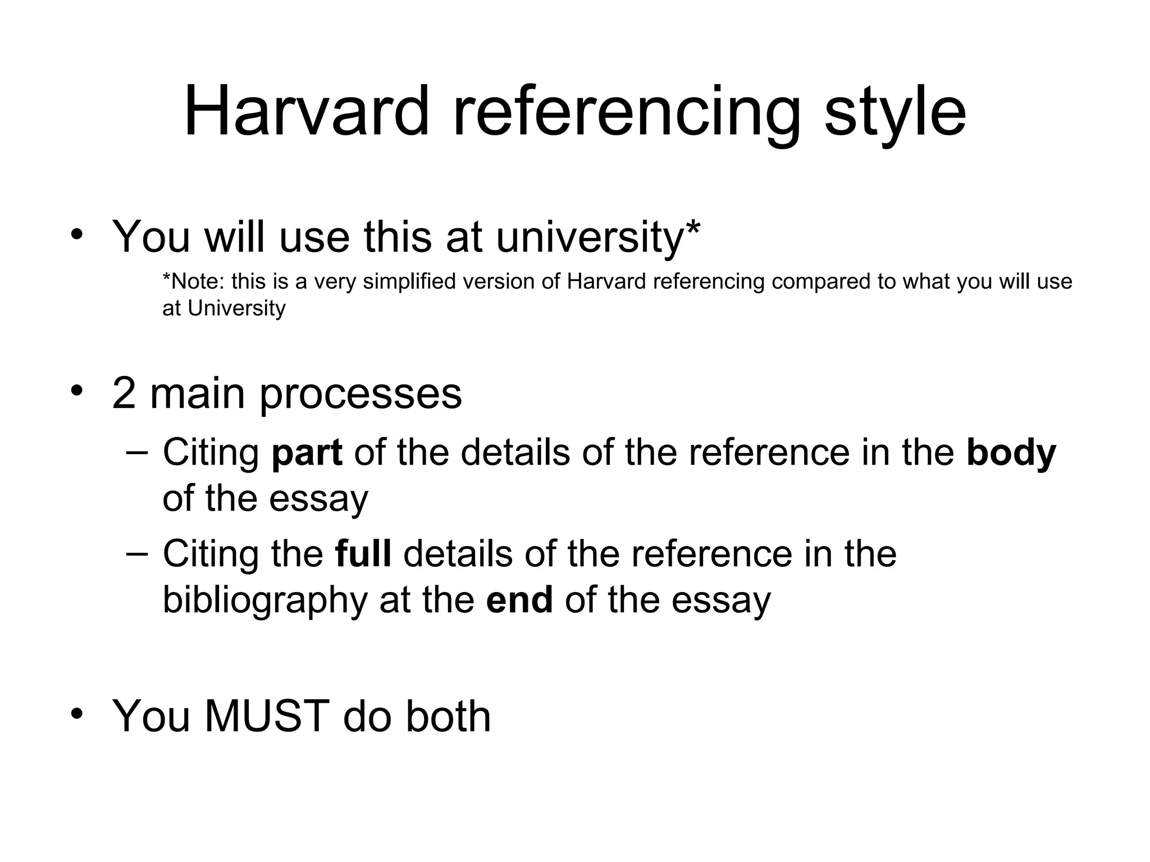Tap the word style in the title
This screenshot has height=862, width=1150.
click(895, 112)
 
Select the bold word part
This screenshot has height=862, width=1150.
click(307, 453)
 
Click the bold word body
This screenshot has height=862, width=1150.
click(1011, 453)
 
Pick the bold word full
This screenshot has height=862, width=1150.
click(363, 554)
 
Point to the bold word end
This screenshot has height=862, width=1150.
click(519, 600)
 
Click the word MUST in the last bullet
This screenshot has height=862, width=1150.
click(266, 716)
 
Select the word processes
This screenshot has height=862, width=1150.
click(360, 394)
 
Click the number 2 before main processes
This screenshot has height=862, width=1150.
click(124, 394)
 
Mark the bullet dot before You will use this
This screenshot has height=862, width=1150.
click(77, 233)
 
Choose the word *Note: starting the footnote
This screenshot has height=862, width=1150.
click(193, 282)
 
